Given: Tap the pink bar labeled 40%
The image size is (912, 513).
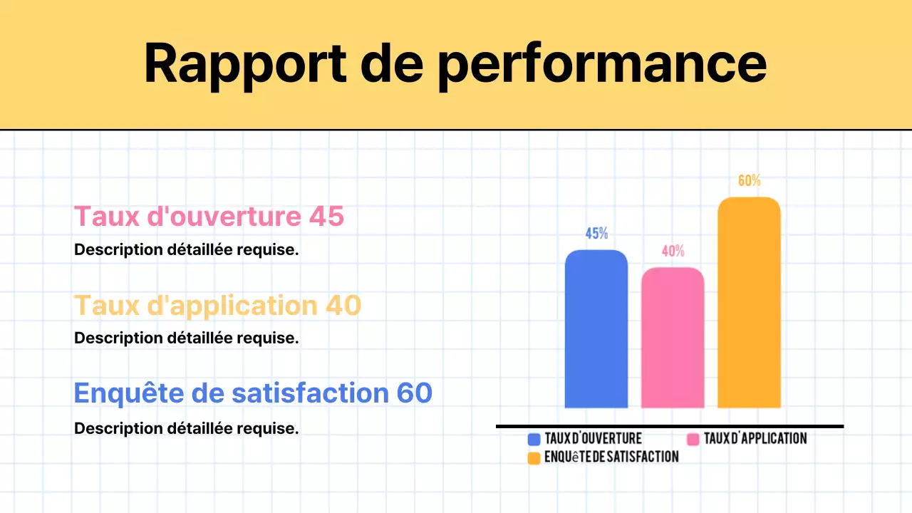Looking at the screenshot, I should pyautogui.click(x=673, y=338).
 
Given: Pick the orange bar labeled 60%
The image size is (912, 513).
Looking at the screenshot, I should pyautogui.click(x=749, y=303).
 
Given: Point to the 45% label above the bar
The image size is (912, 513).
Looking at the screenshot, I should pyautogui.click(x=596, y=233).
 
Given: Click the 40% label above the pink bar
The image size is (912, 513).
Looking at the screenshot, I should pyautogui.click(x=673, y=251).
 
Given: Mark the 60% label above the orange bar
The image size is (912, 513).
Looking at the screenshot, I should pyautogui.click(x=749, y=181).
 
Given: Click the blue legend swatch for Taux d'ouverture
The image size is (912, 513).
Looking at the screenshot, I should pyautogui.click(x=534, y=439).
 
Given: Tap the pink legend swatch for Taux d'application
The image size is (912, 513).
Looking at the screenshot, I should pyautogui.click(x=693, y=439).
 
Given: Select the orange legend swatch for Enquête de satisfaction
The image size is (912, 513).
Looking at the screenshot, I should pyautogui.click(x=534, y=457).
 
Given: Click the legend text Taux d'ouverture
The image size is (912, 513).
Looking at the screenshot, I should pyautogui.click(x=593, y=439).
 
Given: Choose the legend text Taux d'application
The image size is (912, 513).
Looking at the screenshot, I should pyautogui.click(x=755, y=439).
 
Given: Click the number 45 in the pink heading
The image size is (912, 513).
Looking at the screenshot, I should pyautogui.click(x=326, y=217).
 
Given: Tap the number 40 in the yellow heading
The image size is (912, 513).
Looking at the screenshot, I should pyautogui.click(x=343, y=306).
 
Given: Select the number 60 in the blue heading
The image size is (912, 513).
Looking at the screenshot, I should pyautogui.click(x=414, y=393).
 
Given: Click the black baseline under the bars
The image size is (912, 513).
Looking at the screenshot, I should pyautogui.click(x=670, y=426).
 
